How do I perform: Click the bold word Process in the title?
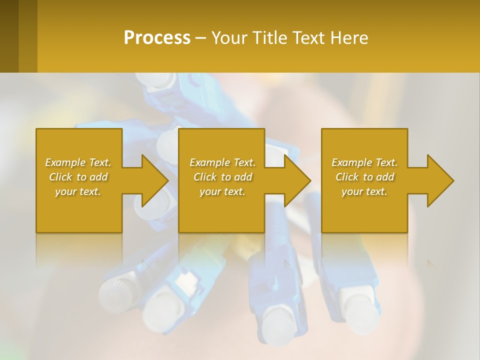(x=157, y=38)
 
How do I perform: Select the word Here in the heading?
(x=349, y=38)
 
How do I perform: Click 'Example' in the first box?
(x=65, y=162)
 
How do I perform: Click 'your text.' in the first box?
(x=78, y=191)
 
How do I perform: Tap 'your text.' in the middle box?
(x=222, y=191)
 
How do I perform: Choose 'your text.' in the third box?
(x=364, y=191)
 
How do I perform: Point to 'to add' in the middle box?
(x=236, y=177)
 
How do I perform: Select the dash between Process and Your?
(x=200, y=38)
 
